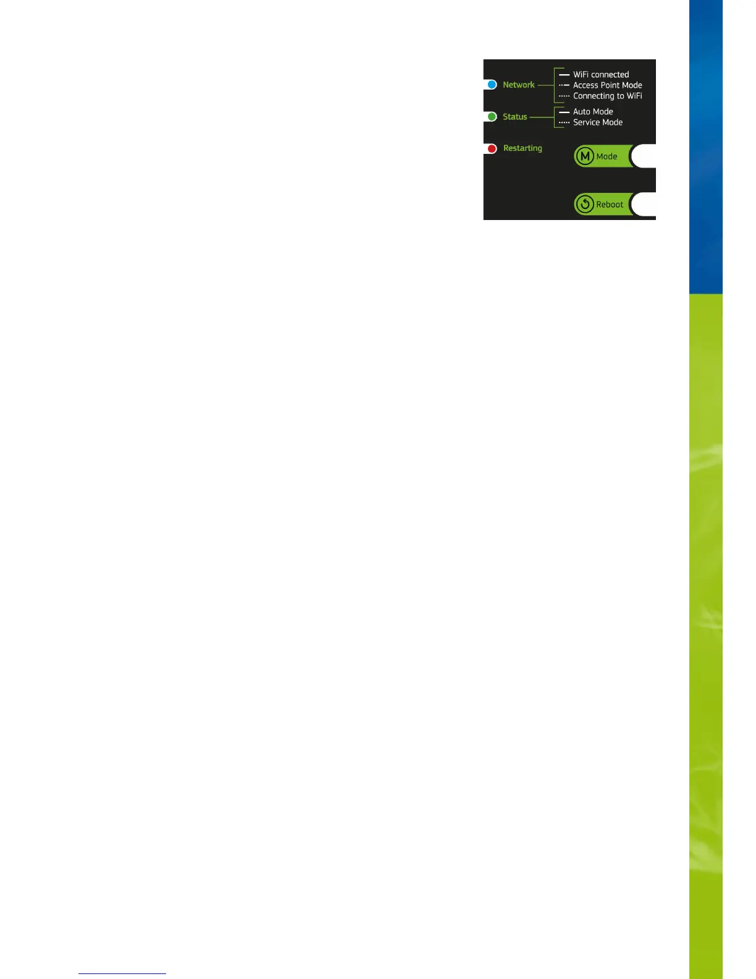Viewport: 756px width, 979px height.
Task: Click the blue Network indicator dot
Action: [492, 85]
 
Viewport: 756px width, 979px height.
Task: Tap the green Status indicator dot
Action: [492, 117]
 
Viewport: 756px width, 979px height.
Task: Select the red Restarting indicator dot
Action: [492, 148]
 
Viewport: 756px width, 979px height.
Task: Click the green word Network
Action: [518, 85]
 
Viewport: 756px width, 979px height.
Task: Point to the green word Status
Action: [514, 117]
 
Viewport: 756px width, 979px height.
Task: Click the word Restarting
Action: [523, 148]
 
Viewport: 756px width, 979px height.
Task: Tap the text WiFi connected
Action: [601, 75]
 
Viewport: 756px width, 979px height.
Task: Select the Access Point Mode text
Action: [607, 85]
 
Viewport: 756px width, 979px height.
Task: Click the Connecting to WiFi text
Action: [607, 96]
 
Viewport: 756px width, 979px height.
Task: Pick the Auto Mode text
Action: [593, 112]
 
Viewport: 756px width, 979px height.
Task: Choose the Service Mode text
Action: [597, 122]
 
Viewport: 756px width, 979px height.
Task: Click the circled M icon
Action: [584, 156]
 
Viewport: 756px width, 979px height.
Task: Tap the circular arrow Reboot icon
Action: [584, 204]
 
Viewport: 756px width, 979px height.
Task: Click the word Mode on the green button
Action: [607, 156]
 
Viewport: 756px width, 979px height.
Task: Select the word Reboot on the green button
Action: [610, 205]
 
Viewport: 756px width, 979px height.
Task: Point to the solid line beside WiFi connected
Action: [564, 75]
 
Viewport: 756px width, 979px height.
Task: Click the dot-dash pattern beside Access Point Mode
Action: [564, 85]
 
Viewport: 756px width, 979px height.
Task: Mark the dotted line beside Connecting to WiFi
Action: [564, 96]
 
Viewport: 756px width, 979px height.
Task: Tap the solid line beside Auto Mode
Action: [564, 112]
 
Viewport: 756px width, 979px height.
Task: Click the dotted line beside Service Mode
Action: [564, 123]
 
